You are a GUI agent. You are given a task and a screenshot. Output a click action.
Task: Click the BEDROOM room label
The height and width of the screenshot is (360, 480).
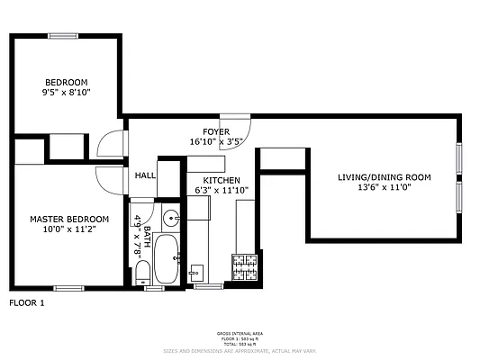coord(66,81)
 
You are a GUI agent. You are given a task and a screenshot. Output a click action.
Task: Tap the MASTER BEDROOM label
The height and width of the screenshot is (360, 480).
coord(69,219)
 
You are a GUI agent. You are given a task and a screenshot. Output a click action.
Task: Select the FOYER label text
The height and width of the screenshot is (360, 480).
coord(203,131)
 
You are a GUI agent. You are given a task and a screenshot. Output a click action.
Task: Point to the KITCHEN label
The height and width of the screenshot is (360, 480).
coord(220,180)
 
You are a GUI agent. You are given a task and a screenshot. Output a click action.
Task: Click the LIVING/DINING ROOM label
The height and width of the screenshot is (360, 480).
coord(384,176)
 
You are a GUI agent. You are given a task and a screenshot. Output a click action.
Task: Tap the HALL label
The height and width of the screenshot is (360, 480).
coord(145,175)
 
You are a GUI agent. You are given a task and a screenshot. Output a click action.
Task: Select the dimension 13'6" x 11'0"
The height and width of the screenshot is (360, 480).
coord(384,187)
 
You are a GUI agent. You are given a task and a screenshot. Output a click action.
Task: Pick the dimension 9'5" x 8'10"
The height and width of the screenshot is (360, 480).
coord(66,92)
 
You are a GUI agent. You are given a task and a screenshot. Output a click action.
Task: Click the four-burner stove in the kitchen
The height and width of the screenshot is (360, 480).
coord(245,266)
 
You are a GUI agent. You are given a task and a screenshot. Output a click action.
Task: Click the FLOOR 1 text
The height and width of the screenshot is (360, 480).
coord(27,303)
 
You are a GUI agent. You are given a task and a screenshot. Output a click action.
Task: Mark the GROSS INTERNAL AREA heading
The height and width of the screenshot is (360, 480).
coord(240,332)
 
